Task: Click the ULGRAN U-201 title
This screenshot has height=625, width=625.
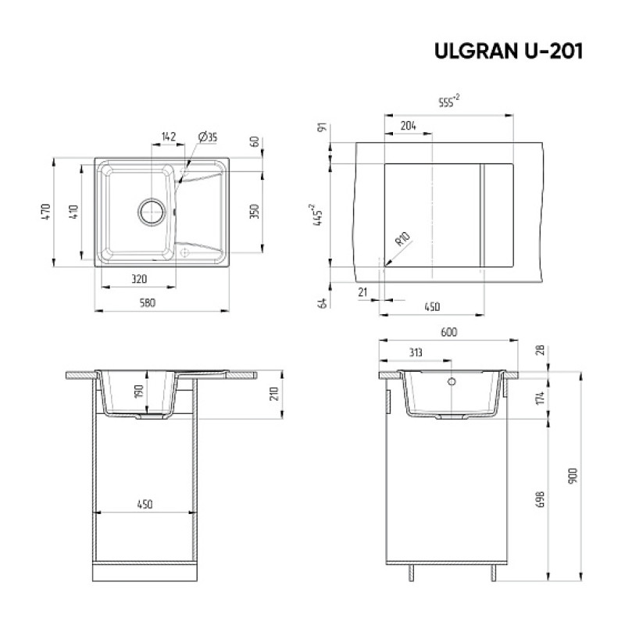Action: click(509, 51)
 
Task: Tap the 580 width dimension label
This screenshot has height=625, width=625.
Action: click(148, 303)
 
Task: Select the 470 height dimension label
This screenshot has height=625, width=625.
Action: click(46, 212)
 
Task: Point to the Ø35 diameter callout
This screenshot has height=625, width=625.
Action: click(208, 137)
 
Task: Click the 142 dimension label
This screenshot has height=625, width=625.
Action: click(169, 137)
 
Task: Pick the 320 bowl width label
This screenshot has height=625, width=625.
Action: click(139, 279)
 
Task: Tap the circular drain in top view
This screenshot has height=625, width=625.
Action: click(151, 212)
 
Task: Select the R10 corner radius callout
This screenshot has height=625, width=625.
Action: click(402, 239)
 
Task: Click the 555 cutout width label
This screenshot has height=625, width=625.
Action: click(448, 101)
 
